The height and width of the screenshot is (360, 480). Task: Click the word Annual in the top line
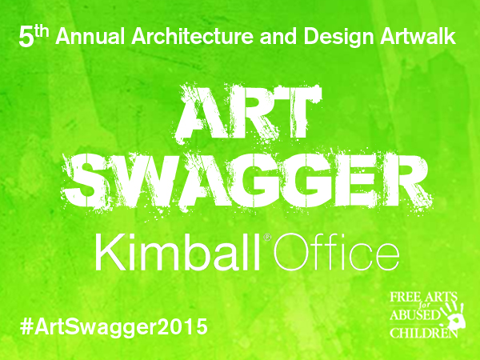point(90,36)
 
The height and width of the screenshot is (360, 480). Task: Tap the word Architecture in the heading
point(193,36)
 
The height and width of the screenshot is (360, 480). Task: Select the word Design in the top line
point(338,38)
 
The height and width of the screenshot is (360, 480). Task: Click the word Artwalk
point(418,36)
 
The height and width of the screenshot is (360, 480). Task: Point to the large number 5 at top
point(26,38)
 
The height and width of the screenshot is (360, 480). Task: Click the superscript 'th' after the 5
point(42,32)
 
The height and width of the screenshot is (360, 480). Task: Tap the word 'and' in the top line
point(278,36)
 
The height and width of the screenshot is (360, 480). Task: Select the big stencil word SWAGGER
point(246,182)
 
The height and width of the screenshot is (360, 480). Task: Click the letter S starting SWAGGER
point(83,182)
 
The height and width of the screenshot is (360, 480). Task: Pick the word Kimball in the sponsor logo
point(178,252)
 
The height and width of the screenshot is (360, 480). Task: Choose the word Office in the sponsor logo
point(336,252)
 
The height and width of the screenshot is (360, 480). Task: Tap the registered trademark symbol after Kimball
point(267,238)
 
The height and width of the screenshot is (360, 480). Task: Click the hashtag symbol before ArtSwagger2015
point(26,326)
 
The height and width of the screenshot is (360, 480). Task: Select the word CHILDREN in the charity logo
point(424,333)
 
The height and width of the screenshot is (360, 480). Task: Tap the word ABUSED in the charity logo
point(414,315)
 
